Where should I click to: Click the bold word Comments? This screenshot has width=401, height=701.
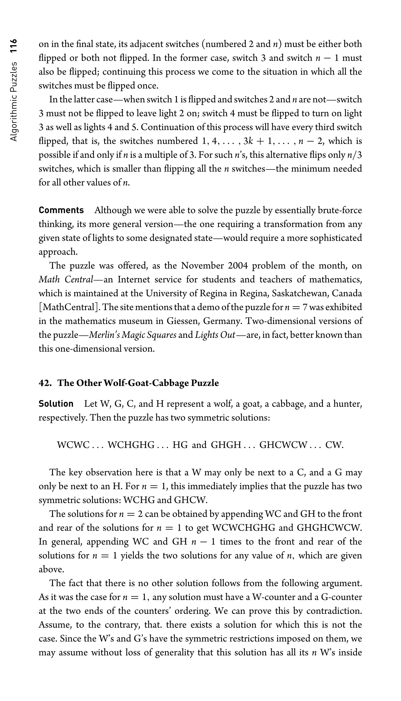point(61,210)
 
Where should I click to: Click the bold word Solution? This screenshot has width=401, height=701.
point(56,404)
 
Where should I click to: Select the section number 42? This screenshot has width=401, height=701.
point(45,383)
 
